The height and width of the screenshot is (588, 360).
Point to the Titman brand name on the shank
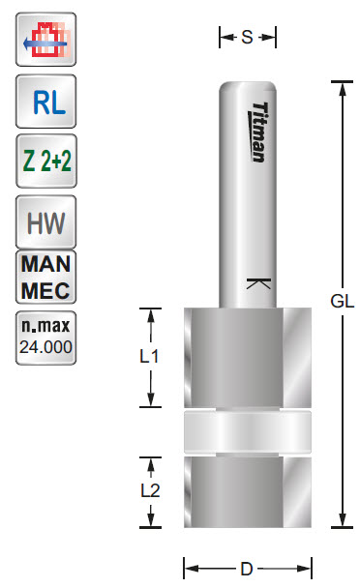pos(258,132)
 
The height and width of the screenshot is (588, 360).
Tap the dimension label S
pos(247,38)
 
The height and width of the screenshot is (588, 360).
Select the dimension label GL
pos(342,301)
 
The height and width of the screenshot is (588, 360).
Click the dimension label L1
pos(150,356)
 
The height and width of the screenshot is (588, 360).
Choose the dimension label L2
pos(150,490)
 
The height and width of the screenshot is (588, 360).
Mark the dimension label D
pos(247,569)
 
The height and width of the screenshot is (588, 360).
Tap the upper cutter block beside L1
pos(247,356)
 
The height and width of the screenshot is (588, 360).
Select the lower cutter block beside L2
pos(247,491)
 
